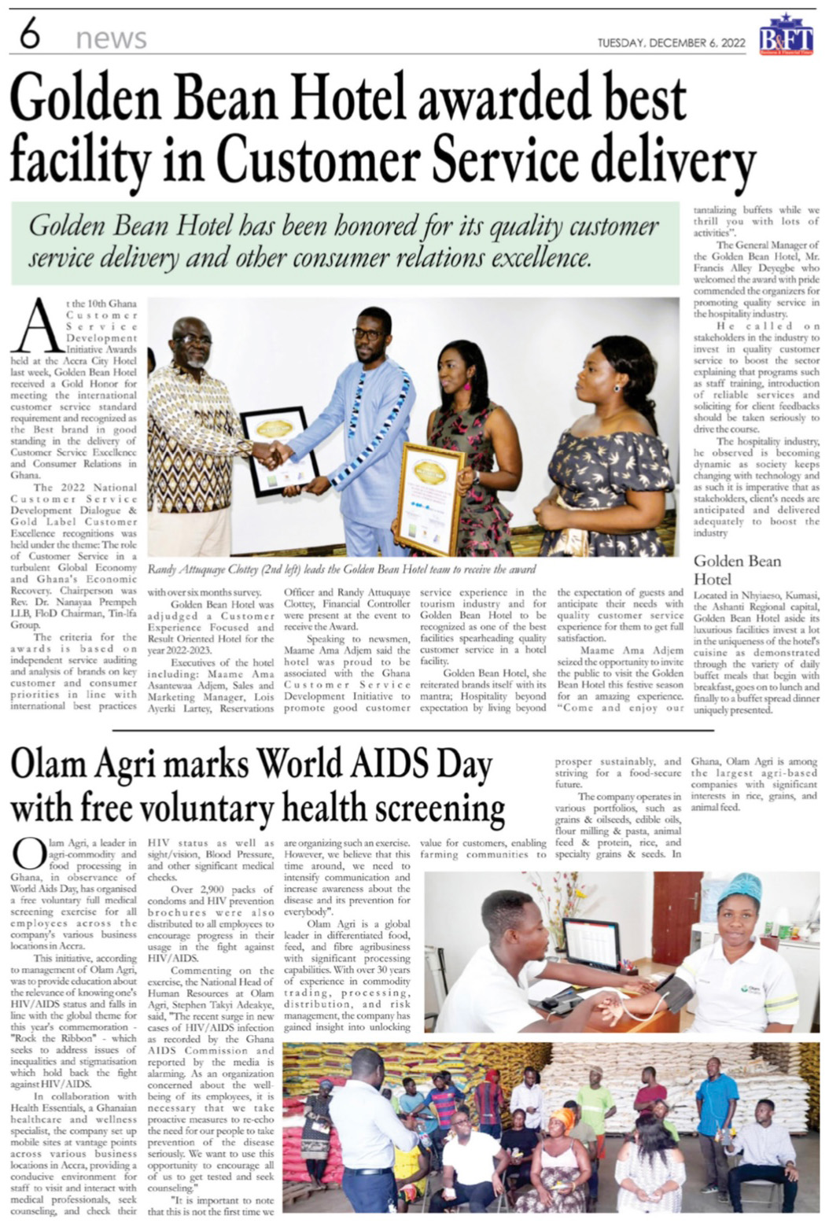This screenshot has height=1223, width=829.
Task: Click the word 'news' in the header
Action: point(111,39)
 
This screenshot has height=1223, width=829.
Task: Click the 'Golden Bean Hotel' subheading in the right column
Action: point(737,570)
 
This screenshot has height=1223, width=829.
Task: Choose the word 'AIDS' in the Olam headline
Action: point(389,764)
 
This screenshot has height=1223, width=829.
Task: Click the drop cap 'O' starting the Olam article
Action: point(28,853)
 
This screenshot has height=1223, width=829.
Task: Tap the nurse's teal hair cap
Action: point(739,889)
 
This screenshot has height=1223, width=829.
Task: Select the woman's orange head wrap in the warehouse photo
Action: point(562,1118)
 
